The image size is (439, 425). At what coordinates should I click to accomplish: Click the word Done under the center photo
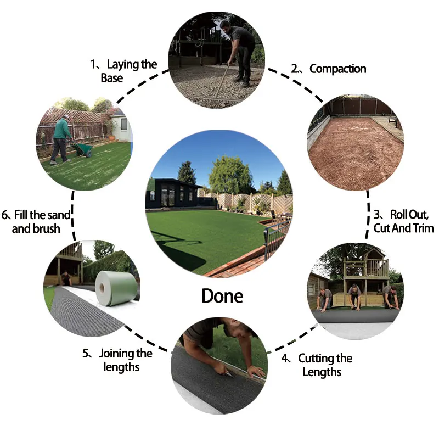pos(222,296)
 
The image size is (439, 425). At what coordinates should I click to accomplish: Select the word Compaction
pos(337,69)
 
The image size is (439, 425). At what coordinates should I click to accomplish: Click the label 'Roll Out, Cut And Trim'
pos(403,221)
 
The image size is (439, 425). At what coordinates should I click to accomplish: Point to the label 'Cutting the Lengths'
pos(324,365)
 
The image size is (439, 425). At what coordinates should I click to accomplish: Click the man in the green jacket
pos(63,137)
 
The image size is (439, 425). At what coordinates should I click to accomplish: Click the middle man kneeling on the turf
pos(354,297)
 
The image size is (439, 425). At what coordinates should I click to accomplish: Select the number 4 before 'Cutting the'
pos(285,359)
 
